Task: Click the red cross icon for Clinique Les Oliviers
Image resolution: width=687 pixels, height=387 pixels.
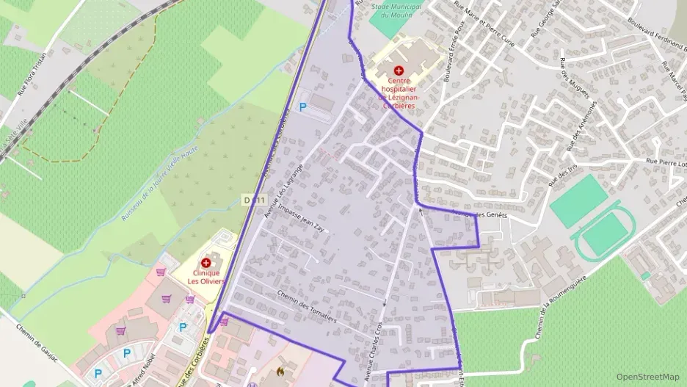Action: (x=206, y=262)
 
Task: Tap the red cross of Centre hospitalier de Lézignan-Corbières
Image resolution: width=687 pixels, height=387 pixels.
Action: (x=398, y=70)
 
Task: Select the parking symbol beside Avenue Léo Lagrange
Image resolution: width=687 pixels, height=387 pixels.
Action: (x=302, y=107)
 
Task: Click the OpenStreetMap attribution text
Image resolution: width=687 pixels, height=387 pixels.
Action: (x=647, y=377)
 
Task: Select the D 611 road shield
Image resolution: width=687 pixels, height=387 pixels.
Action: (x=253, y=200)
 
